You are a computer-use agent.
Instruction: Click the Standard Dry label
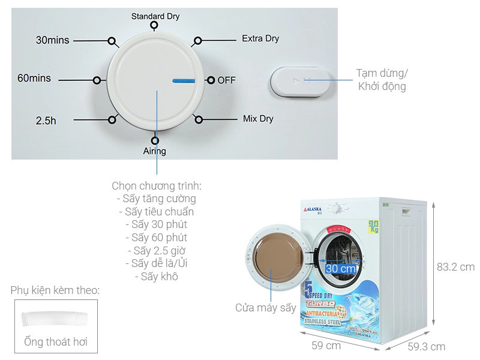[155, 16]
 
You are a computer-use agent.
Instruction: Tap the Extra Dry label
[260, 38]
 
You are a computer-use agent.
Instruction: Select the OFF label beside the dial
[226, 80]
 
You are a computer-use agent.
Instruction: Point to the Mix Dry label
[258, 118]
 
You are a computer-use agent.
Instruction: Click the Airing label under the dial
[154, 151]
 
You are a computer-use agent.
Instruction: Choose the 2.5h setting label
[46, 121]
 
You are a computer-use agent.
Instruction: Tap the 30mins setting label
[52, 41]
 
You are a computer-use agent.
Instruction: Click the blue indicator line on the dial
[185, 80]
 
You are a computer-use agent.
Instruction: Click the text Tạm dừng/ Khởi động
[382, 80]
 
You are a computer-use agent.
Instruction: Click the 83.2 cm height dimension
[455, 267]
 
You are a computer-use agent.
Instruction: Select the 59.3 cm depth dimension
[426, 346]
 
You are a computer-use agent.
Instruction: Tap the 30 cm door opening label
[340, 268]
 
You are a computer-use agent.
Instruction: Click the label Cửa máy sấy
[266, 308]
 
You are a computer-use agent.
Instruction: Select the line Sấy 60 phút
[156, 238]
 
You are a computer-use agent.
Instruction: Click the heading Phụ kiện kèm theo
[55, 290]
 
